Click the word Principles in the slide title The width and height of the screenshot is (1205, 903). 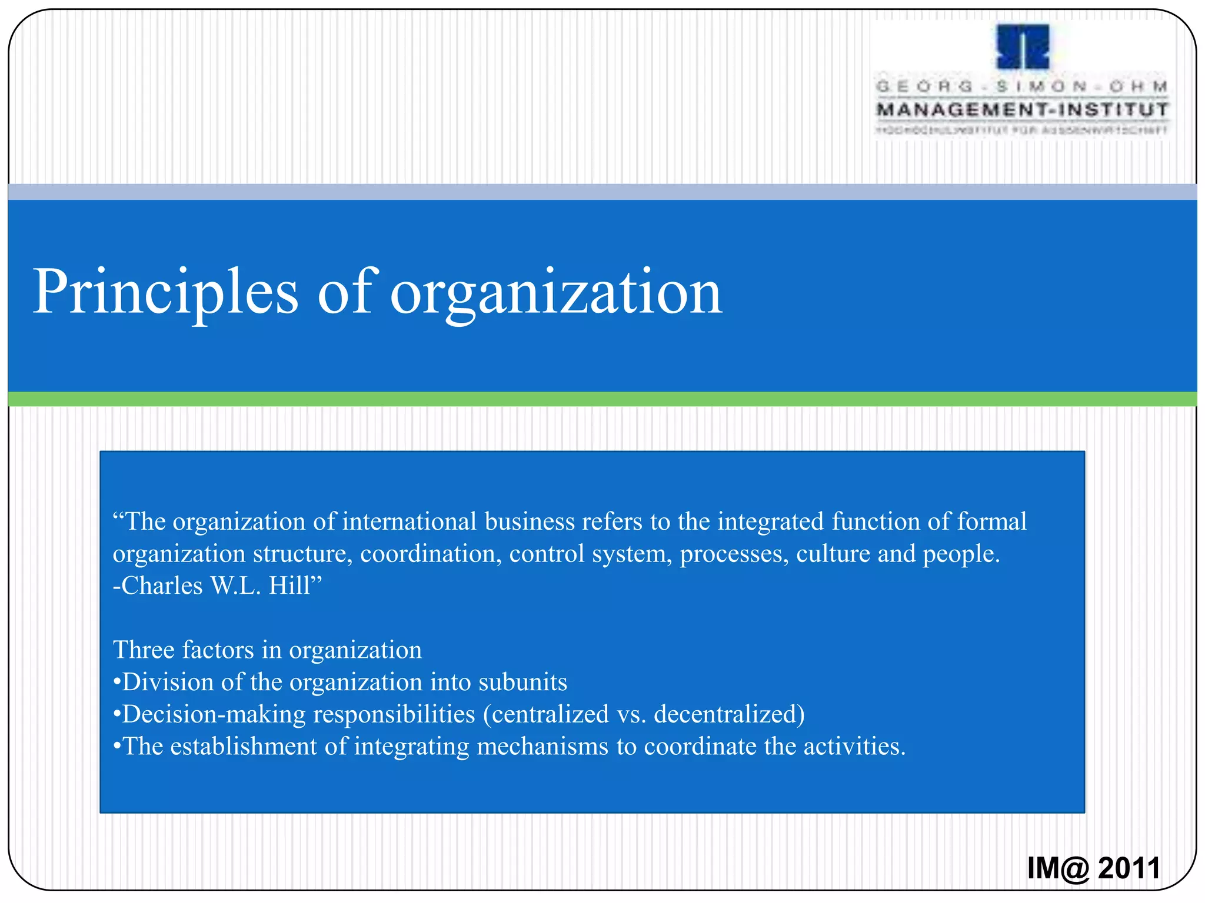(x=165, y=292)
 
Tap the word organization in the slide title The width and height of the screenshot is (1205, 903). (x=556, y=292)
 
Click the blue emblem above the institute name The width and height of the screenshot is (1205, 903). (x=1023, y=47)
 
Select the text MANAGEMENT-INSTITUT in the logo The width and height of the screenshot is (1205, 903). (x=1023, y=110)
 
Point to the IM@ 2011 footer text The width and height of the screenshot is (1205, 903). (x=1094, y=868)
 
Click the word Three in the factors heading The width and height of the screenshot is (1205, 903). (x=144, y=650)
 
